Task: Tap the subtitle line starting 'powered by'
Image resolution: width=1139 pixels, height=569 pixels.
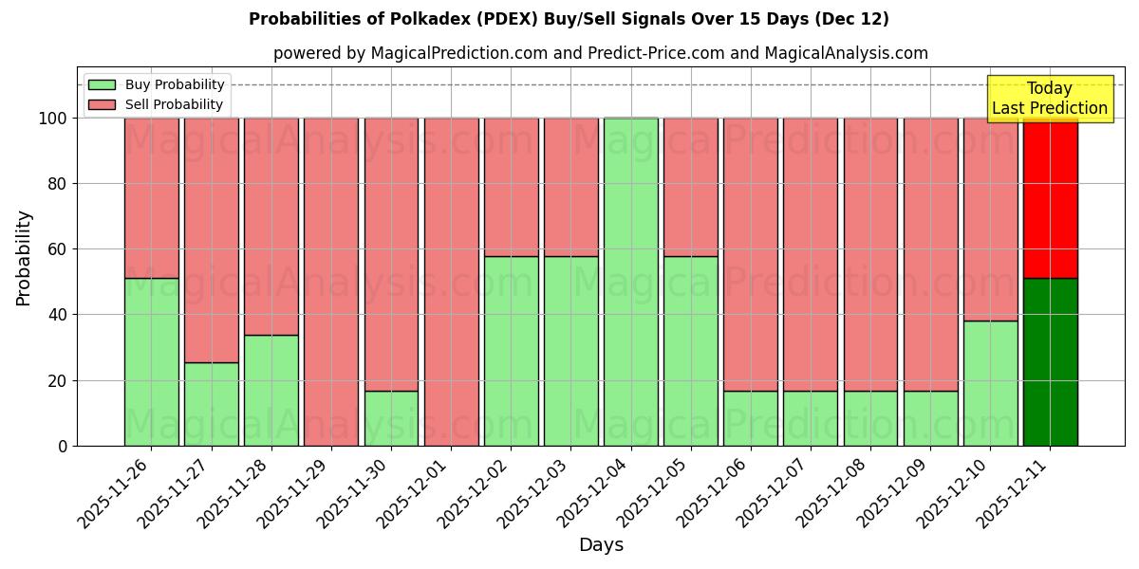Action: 600,53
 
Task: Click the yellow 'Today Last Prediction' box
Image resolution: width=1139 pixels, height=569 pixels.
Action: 1049,99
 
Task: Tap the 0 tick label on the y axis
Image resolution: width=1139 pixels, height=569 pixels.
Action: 63,446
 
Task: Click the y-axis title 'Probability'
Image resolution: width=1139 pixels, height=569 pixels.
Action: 24,258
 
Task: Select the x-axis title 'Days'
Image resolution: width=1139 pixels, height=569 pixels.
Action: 601,545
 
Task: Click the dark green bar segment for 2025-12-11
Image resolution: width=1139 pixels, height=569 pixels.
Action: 1050,361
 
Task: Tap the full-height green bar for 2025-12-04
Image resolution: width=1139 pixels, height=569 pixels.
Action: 630,282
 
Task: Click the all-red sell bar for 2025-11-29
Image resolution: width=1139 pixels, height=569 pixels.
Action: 330,282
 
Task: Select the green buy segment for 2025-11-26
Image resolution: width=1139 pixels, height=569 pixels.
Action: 151,361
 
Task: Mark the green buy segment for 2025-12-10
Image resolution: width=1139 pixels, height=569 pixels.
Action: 990,383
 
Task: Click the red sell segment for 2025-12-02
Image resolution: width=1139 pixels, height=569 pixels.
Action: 511,187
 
